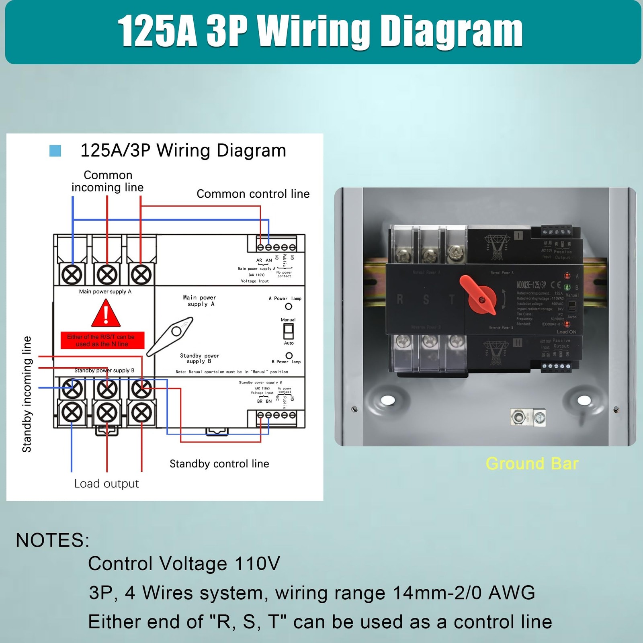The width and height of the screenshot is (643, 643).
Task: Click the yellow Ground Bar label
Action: (532, 463)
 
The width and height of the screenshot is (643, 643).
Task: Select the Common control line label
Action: (253, 194)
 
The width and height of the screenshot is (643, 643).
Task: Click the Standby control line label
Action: (219, 464)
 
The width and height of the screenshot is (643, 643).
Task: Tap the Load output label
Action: (106, 483)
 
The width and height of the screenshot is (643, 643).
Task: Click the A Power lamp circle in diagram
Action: (288, 306)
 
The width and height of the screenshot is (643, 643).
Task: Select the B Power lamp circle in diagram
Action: (289, 356)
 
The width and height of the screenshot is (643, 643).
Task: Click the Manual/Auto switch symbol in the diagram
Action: (288, 332)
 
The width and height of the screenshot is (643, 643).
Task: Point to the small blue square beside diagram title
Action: (55, 151)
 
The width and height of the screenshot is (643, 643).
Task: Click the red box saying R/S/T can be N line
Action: (102, 340)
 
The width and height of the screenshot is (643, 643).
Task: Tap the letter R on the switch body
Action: (400, 299)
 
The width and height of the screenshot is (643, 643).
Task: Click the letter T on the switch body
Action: (452, 299)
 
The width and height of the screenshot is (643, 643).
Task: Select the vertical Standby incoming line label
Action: (27, 394)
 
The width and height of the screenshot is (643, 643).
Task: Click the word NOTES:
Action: (53, 540)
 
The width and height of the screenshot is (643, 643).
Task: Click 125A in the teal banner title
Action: (157, 32)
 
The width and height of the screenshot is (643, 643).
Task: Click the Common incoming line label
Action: (107, 181)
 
